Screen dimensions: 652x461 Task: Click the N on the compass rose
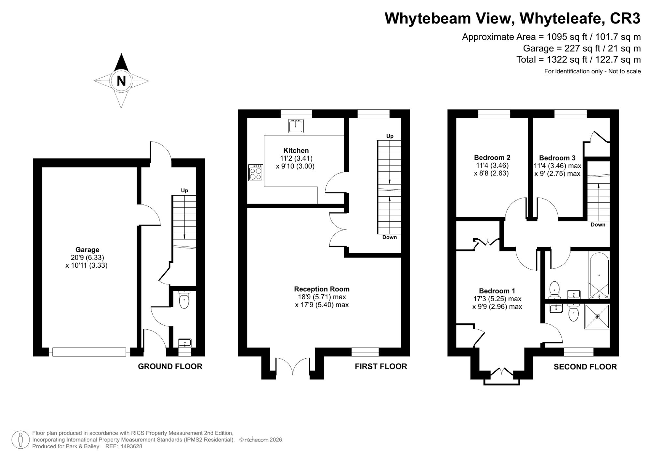click(x=121, y=81)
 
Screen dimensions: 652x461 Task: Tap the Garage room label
click(x=87, y=250)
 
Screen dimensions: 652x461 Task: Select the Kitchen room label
click(x=296, y=151)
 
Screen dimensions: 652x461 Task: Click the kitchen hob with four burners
click(x=256, y=173)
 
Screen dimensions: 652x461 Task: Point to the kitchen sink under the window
click(x=296, y=126)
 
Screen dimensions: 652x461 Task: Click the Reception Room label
click(x=322, y=289)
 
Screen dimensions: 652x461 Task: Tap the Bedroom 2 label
click(x=492, y=158)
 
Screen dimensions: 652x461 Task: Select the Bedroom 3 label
click(x=557, y=158)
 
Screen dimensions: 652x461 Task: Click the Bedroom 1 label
click(x=497, y=291)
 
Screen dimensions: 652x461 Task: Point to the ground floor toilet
click(x=184, y=299)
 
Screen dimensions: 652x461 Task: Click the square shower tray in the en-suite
click(x=597, y=317)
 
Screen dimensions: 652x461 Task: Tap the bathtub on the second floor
click(x=599, y=275)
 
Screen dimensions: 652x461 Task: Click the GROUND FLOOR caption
click(x=170, y=366)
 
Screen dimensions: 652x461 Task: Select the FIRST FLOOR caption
click(x=381, y=366)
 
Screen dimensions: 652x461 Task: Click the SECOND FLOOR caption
click(x=585, y=367)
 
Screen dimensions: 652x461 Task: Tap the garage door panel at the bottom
click(x=89, y=352)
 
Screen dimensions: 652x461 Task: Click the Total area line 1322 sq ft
click(x=579, y=60)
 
